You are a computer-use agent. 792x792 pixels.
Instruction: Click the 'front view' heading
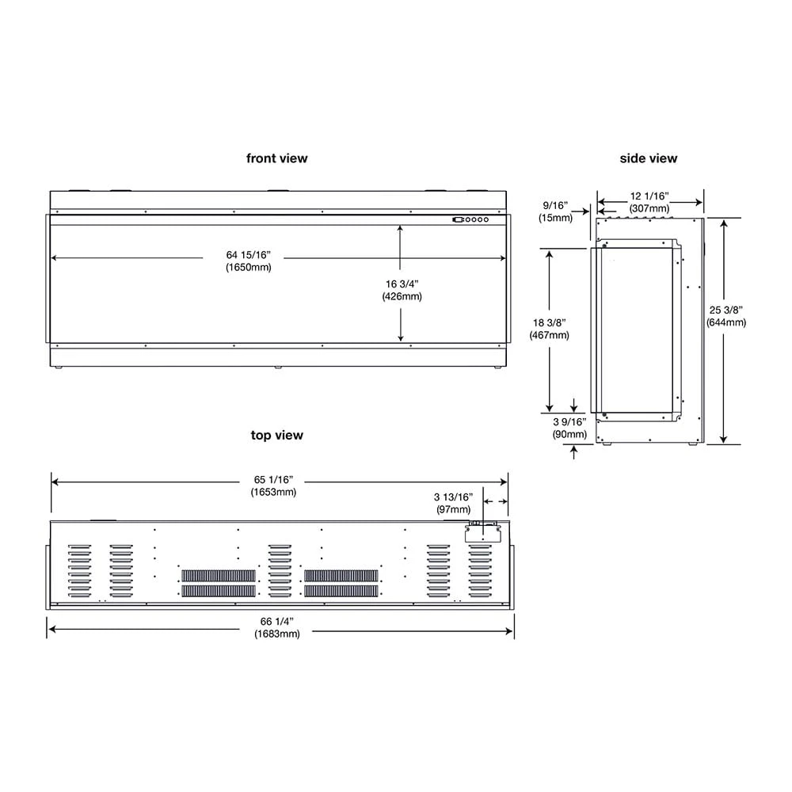coord(276,158)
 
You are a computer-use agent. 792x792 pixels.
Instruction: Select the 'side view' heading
coord(648,158)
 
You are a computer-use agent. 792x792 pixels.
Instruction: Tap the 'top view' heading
coord(276,435)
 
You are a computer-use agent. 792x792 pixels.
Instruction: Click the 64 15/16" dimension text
coord(248,255)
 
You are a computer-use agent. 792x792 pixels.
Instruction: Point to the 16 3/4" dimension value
coord(401,284)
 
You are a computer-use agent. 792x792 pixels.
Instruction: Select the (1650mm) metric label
coord(248,267)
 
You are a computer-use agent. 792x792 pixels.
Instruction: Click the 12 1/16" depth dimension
coord(649,196)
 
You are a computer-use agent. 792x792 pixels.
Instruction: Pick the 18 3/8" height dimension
coord(549,323)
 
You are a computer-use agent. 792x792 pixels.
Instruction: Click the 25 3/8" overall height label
coord(726,310)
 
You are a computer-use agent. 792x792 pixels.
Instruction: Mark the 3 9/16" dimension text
coord(570,422)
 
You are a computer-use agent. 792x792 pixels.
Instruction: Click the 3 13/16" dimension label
coord(452,497)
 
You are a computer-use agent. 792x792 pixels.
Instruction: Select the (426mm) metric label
coord(401,296)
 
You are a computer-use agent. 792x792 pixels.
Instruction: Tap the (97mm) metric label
coord(452,509)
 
